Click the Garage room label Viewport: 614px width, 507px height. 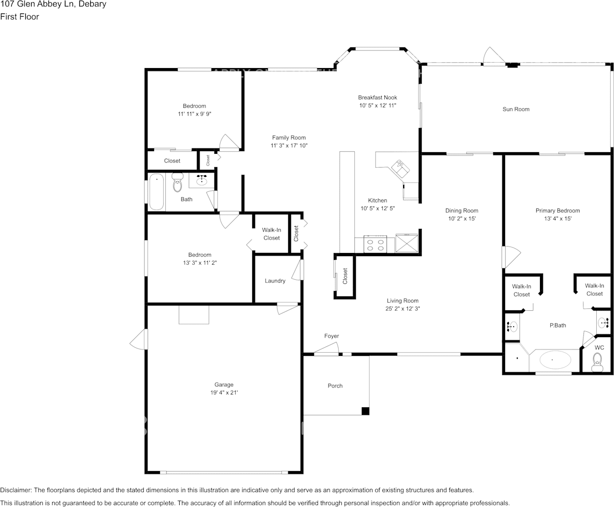point(224,385)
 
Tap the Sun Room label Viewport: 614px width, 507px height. point(516,109)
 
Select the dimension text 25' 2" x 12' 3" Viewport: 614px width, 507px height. point(402,309)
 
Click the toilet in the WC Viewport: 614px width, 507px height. point(596,365)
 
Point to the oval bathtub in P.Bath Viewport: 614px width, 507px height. point(555,360)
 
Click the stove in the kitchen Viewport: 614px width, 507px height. point(375,244)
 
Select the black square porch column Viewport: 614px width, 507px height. point(365,411)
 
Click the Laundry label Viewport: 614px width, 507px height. point(275,281)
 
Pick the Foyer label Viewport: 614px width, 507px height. point(331,336)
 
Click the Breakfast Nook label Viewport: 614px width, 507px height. point(378,98)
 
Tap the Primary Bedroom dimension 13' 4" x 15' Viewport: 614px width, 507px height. point(558,219)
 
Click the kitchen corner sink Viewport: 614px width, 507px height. point(401,167)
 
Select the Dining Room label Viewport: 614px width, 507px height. point(462,211)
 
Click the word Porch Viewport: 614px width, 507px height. point(335,386)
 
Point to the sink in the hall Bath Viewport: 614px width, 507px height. point(202,180)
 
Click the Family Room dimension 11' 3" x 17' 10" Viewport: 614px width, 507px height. point(289,146)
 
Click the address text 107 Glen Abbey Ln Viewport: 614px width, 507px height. point(53,4)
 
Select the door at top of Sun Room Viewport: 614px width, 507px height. point(493,56)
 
